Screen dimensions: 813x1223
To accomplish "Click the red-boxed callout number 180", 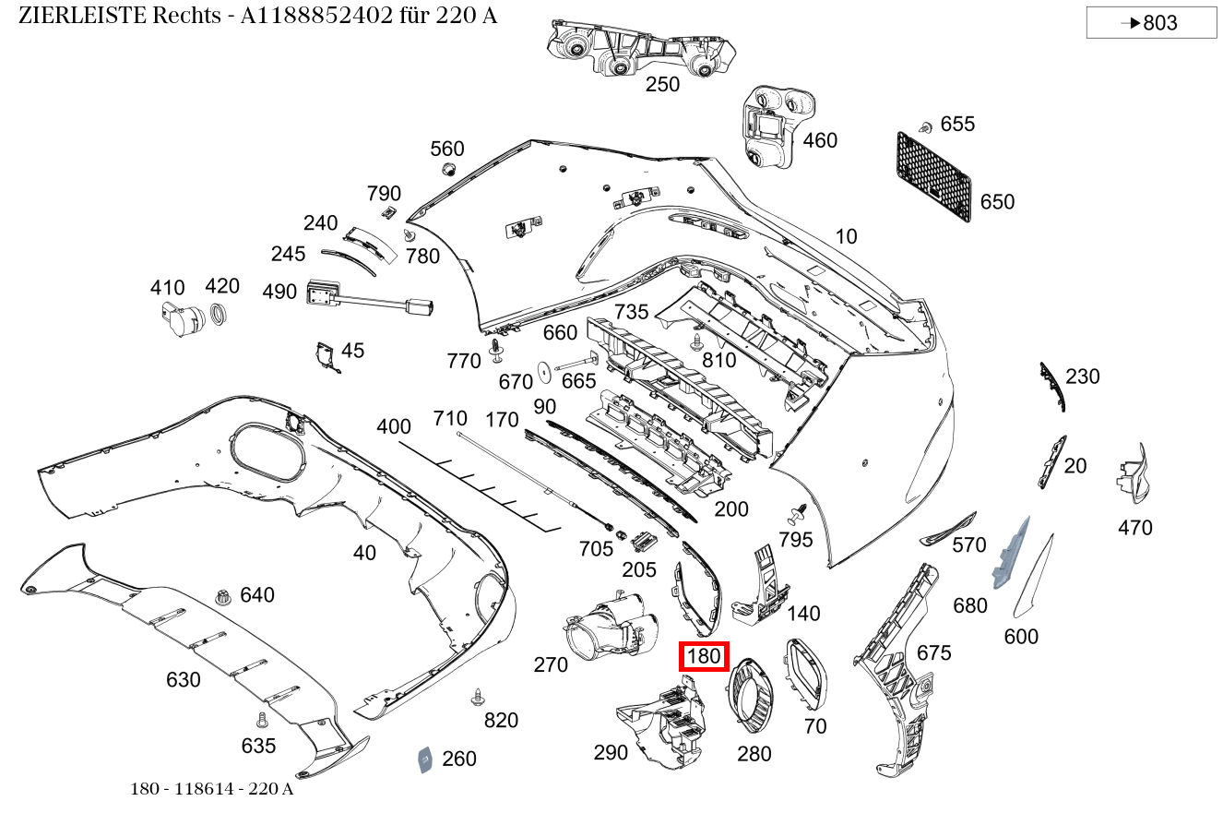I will [x=704, y=657].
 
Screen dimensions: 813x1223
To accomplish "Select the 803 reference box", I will [x=1151, y=23].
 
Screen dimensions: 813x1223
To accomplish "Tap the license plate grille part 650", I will [x=933, y=177].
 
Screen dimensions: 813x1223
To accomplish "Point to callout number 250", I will [x=662, y=85].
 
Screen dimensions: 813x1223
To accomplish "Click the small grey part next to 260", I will [x=424, y=759].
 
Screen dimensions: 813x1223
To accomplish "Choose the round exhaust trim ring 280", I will [x=752, y=701].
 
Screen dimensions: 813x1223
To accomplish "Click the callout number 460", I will [x=820, y=140].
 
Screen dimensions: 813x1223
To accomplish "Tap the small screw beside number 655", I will [x=924, y=126].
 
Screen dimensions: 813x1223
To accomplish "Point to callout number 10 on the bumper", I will [x=846, y=236].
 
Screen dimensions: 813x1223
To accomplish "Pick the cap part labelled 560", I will [x=448, y=170].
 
